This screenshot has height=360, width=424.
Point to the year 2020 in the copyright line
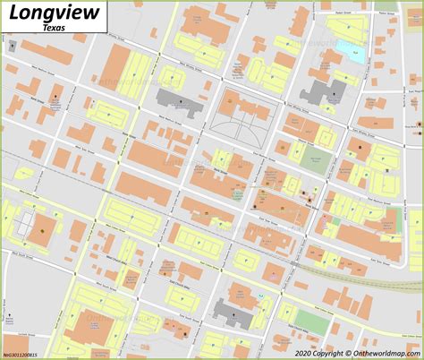310,353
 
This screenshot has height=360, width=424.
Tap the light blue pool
345,48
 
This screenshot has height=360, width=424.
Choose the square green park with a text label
315,160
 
